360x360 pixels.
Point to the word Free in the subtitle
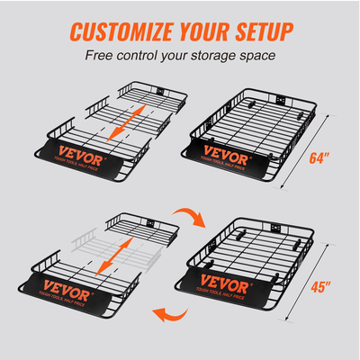[102, 56]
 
